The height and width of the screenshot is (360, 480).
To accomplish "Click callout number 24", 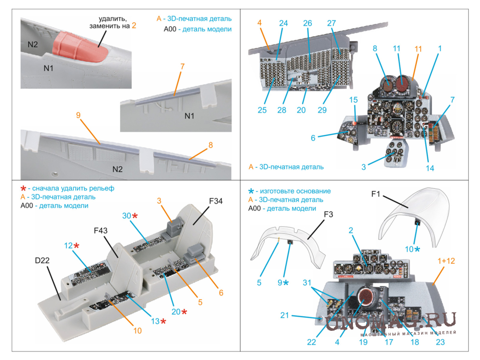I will (x=283, y=23).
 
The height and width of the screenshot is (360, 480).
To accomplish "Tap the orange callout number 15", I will (x=353, y=101).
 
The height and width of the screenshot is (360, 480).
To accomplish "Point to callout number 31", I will (x=307, y=282).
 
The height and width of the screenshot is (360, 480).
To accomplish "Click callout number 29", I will (x=322, y=110).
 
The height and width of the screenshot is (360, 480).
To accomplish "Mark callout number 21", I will (x=284, y=315).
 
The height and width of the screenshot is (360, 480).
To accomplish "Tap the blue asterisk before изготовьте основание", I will (x=251, y=191).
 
